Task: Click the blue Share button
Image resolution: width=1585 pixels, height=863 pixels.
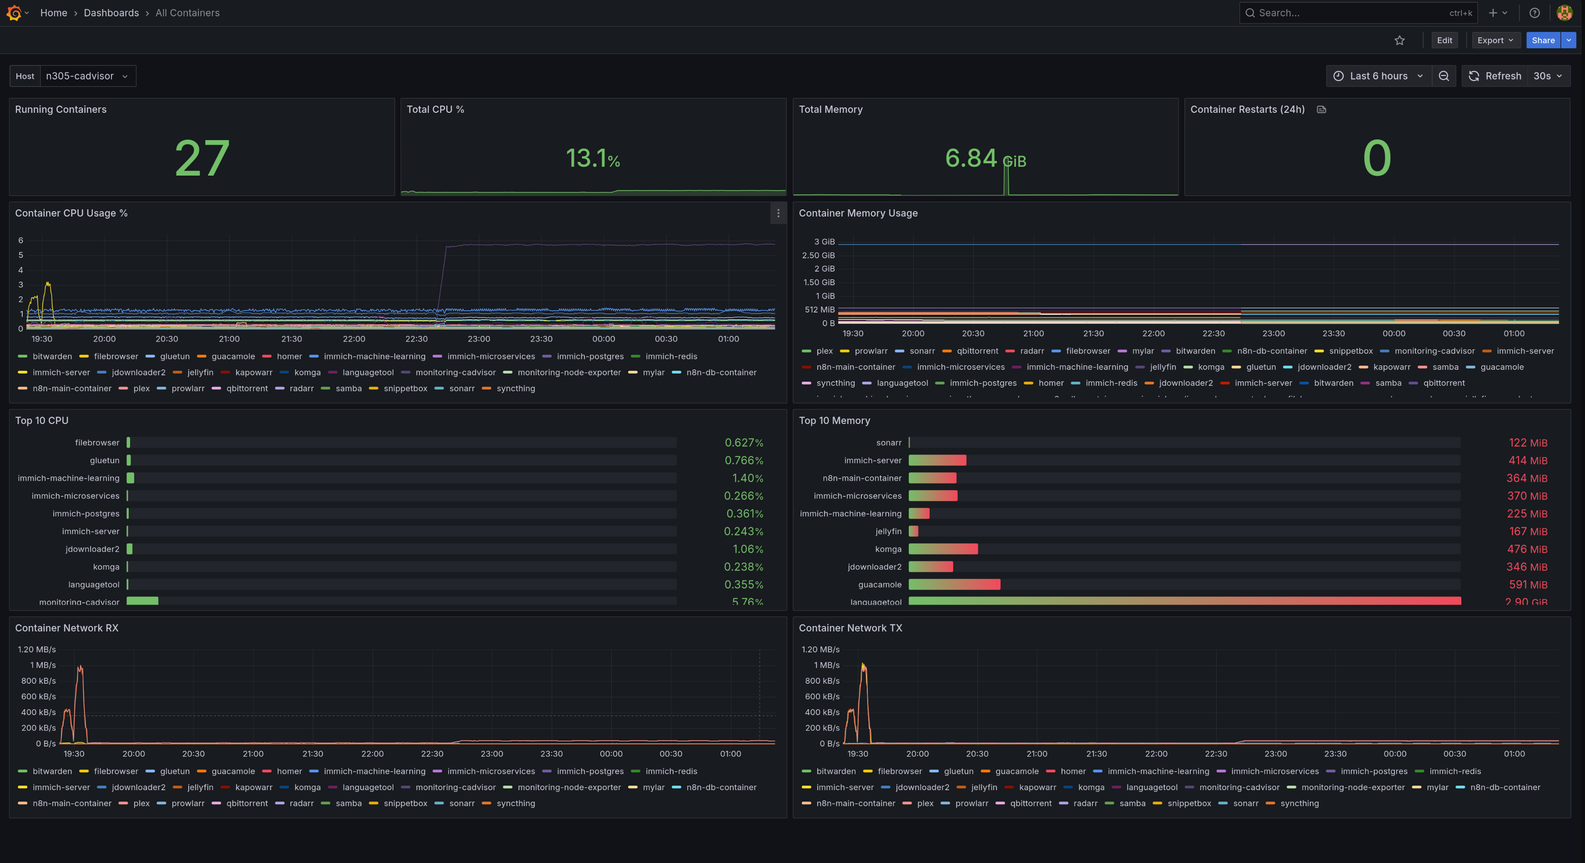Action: (x=1543, y=40)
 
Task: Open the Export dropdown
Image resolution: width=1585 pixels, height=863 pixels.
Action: (x=1495, y=40)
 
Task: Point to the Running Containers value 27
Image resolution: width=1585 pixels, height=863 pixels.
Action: (x=202, y=158)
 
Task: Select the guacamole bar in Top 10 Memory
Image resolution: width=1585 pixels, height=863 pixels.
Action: (x=954, y=585)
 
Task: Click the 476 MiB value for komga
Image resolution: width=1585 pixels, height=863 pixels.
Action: (x=1526, y=549)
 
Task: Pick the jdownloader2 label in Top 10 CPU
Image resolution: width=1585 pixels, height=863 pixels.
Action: (x=92, y=549)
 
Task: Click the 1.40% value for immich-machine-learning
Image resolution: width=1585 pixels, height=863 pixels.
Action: (x=747, y=478)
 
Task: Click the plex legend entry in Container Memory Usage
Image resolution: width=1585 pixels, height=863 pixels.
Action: (x=824, y=351)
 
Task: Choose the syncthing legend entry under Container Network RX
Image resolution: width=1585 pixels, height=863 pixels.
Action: (x=515, y=803)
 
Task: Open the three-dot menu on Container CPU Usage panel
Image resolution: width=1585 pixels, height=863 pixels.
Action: (x=778, y=213)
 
